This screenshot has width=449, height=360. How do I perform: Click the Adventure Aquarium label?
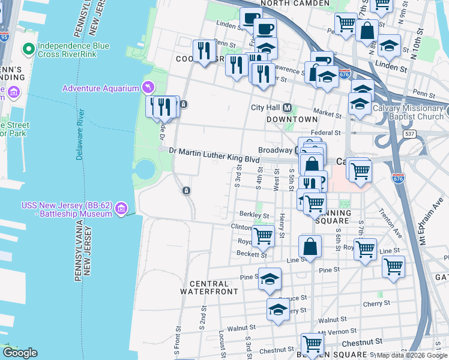pyautogui.click(x=101, y=89)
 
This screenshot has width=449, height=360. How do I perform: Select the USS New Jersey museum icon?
pyautogui.click(x=122, y=208)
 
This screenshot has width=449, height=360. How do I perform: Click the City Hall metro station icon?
pyautogui.click(x=288, y=108)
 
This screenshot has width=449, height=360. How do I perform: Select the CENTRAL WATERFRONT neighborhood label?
pyautogui.click(x=209, y=287)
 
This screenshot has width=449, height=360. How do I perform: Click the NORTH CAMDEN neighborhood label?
pyautogui.click(x=295, y=4)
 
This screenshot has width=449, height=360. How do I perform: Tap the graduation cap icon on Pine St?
pyautogui.click(x=270, y=278)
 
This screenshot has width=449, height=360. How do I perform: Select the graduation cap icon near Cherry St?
pyautogui.click(x=278, y=309)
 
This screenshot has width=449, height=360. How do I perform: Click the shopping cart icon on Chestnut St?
pyautogui.click(x=313, y=344)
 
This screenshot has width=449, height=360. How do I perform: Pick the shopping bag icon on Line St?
pyautogui.click(x=310, y=245)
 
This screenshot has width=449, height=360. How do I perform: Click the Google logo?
pyautogui.click(x=20, y=353)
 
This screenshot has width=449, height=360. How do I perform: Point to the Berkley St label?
pyautogui.click(x=254, y=214)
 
